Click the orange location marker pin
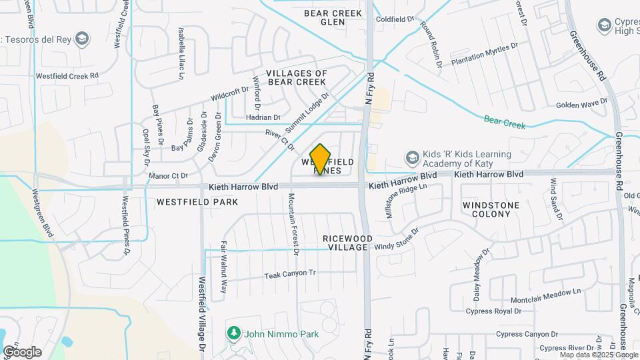pyautogui.click(x=321, y=159)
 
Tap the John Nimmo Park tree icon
pyautogui.click(x=233, y=333)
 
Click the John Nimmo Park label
pyautogui.click(x=281, y=334)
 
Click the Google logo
pyautogui.click(x=22, y=351)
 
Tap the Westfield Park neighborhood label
pyautogui.click(x=188, y=201)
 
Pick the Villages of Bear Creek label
pyautogui.click(x=297, y=77)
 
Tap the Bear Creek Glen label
pyautogui.click(x=333, y=17)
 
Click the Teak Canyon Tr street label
pyautogui.click(x=289, y=274)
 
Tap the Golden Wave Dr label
pyautogui.click(x=582, y=104)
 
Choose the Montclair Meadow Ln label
pyautogui.click(x=547, y=291)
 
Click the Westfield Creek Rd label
pyautogui.click(x=67, y=76)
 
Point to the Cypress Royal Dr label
pyautogui.click(x=493, y=311)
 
